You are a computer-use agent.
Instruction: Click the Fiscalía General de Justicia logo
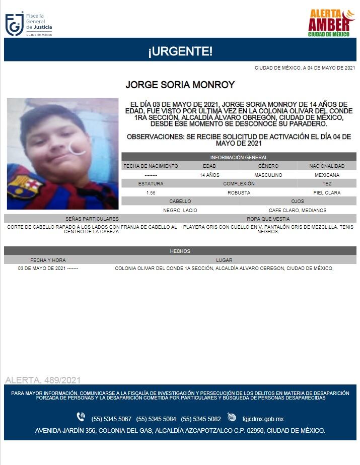coord(28,23)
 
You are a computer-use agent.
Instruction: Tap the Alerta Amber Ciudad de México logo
coord(331,23)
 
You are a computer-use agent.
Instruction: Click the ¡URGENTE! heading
coord(180,51)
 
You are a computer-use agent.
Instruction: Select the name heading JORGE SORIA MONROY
coord(180,85)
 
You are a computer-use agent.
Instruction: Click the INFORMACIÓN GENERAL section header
coord(239,157)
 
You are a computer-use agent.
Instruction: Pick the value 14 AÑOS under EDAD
coord(209,175)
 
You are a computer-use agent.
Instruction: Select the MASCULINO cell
coord(268,175)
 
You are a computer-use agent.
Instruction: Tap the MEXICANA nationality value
coord(327,175)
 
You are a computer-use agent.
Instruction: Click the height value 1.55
coord(151,192)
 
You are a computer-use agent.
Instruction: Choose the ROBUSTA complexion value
coord(239,192)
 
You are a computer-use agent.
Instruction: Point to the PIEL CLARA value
coord(326,192)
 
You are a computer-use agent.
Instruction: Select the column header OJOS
coord(297,201)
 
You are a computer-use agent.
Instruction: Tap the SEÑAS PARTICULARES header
coord(92,219)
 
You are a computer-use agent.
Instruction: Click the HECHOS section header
coord(180,251)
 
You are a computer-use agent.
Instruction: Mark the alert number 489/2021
coord(42,380)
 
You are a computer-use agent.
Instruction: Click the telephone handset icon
coord(81,417)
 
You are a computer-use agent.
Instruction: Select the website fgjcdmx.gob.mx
coord(263,419)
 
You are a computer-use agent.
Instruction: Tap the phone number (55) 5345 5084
coord(156,419)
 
